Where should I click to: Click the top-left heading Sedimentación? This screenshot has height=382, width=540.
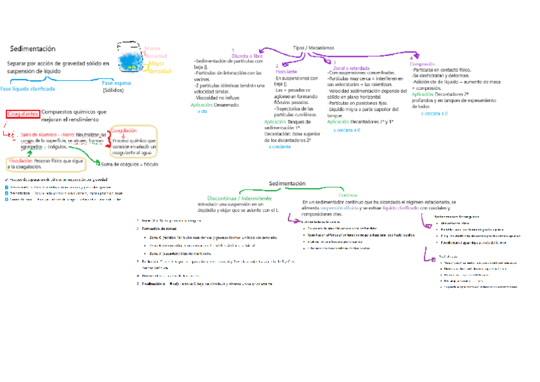[32, 48]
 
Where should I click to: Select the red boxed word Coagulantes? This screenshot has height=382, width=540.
[23, 114]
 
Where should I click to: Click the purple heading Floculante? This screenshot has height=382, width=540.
[286, 71]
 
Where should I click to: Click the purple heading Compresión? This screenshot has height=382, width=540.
[422, 64]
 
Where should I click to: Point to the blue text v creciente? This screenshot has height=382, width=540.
[281, 147]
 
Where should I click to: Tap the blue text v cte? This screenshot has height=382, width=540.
[202, 111]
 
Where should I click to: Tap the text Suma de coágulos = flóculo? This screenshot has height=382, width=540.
[130, 164]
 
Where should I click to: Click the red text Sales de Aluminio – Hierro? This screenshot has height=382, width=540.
[48, 135]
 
